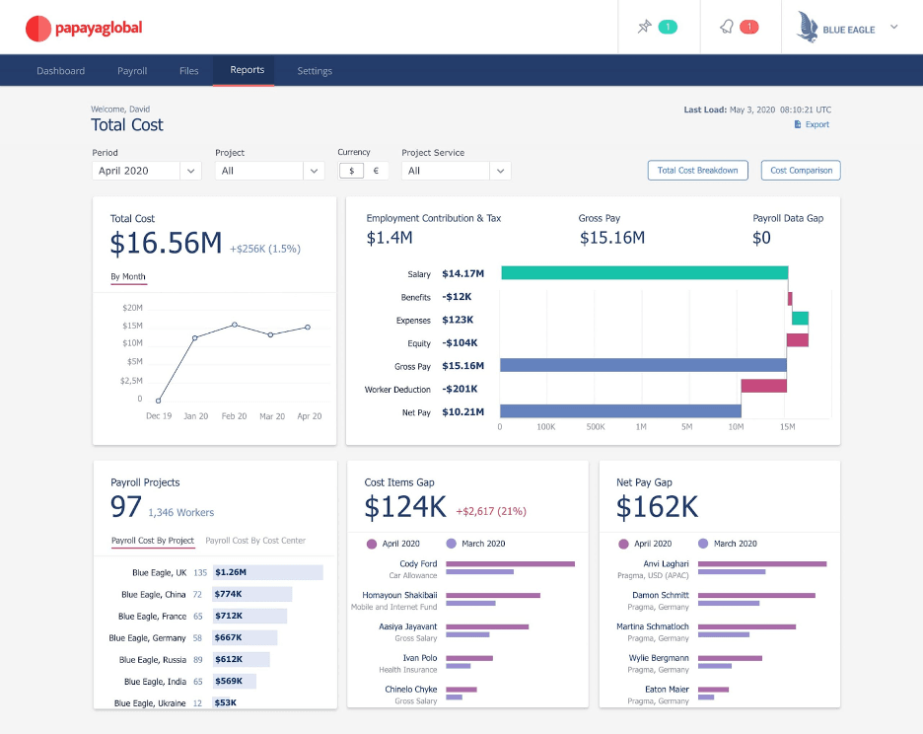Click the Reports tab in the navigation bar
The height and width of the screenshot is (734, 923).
247,70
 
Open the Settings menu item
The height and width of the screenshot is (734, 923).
315,71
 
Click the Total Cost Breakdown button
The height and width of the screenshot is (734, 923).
697,171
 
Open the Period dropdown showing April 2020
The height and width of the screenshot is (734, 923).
147,171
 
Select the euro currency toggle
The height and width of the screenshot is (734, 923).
375,171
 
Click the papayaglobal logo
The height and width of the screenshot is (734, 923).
83,29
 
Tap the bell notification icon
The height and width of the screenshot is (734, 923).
726,27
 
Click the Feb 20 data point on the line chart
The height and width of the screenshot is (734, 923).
234,325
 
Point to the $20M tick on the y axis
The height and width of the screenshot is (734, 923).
132,308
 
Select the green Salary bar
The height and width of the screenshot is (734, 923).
644,273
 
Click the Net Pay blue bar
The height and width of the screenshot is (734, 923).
620,411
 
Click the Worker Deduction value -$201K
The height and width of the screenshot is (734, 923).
460,390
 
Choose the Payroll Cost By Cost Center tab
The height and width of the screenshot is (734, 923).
255,541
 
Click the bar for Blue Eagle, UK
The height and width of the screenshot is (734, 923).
268,572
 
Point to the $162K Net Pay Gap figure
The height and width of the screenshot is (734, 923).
657,507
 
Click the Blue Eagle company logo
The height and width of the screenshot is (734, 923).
836,28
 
